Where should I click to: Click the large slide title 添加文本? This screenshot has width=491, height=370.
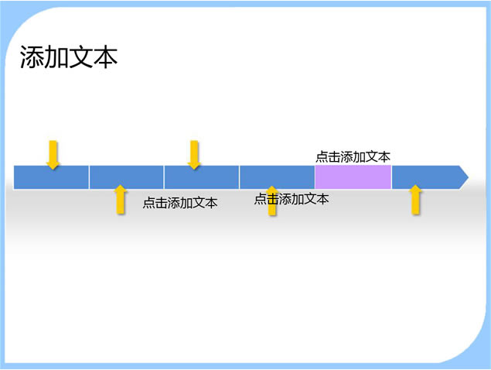pyautogui.click(x=69, y=59)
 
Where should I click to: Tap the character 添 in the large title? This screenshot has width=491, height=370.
pyautogui.click(x=32, y=59)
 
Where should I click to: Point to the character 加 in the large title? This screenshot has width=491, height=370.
pyautogui.click(x=56, y=59)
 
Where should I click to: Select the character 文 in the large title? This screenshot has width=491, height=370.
pyautogui.click(x=81, y=59)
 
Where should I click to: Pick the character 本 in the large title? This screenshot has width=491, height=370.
pyautogui.click(x=105, y=59)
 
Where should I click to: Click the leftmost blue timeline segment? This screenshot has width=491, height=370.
pyautogui.click(x=51, y=176)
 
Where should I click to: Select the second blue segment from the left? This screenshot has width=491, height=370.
pyautogui.click(x=126, y=176)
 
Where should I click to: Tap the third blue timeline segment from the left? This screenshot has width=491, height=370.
pyautogui.click(x=201, y=176)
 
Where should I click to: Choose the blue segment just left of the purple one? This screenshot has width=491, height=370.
pyautogui.click(x=277, y=176)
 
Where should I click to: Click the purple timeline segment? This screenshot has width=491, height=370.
pyautogui.click(x=353, y=176)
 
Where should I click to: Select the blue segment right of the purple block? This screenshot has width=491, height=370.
pyautogui.click(x=424, y=176)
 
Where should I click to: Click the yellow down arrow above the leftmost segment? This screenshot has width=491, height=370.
pyautogui.click(x=53, y=155)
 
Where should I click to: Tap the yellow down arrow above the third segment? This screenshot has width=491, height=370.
pyautogui.click(x=194, y=155)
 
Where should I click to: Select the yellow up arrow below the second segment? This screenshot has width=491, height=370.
pyautogui.click(x=120, y=200)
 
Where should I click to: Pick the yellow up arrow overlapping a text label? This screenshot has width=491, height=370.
pyautogui.click(x=272, y=201)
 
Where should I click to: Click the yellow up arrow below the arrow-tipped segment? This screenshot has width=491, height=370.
pyautogui.click(x=416, y=200)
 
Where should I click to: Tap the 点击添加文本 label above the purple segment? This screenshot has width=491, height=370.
pyautogui.click(x=353, y=156)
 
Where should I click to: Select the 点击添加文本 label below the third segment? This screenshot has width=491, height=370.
pyautogui.click(x=180, y=203)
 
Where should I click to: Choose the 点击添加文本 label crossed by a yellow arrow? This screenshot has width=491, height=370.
pyautogui.click(x=292, y=199)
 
